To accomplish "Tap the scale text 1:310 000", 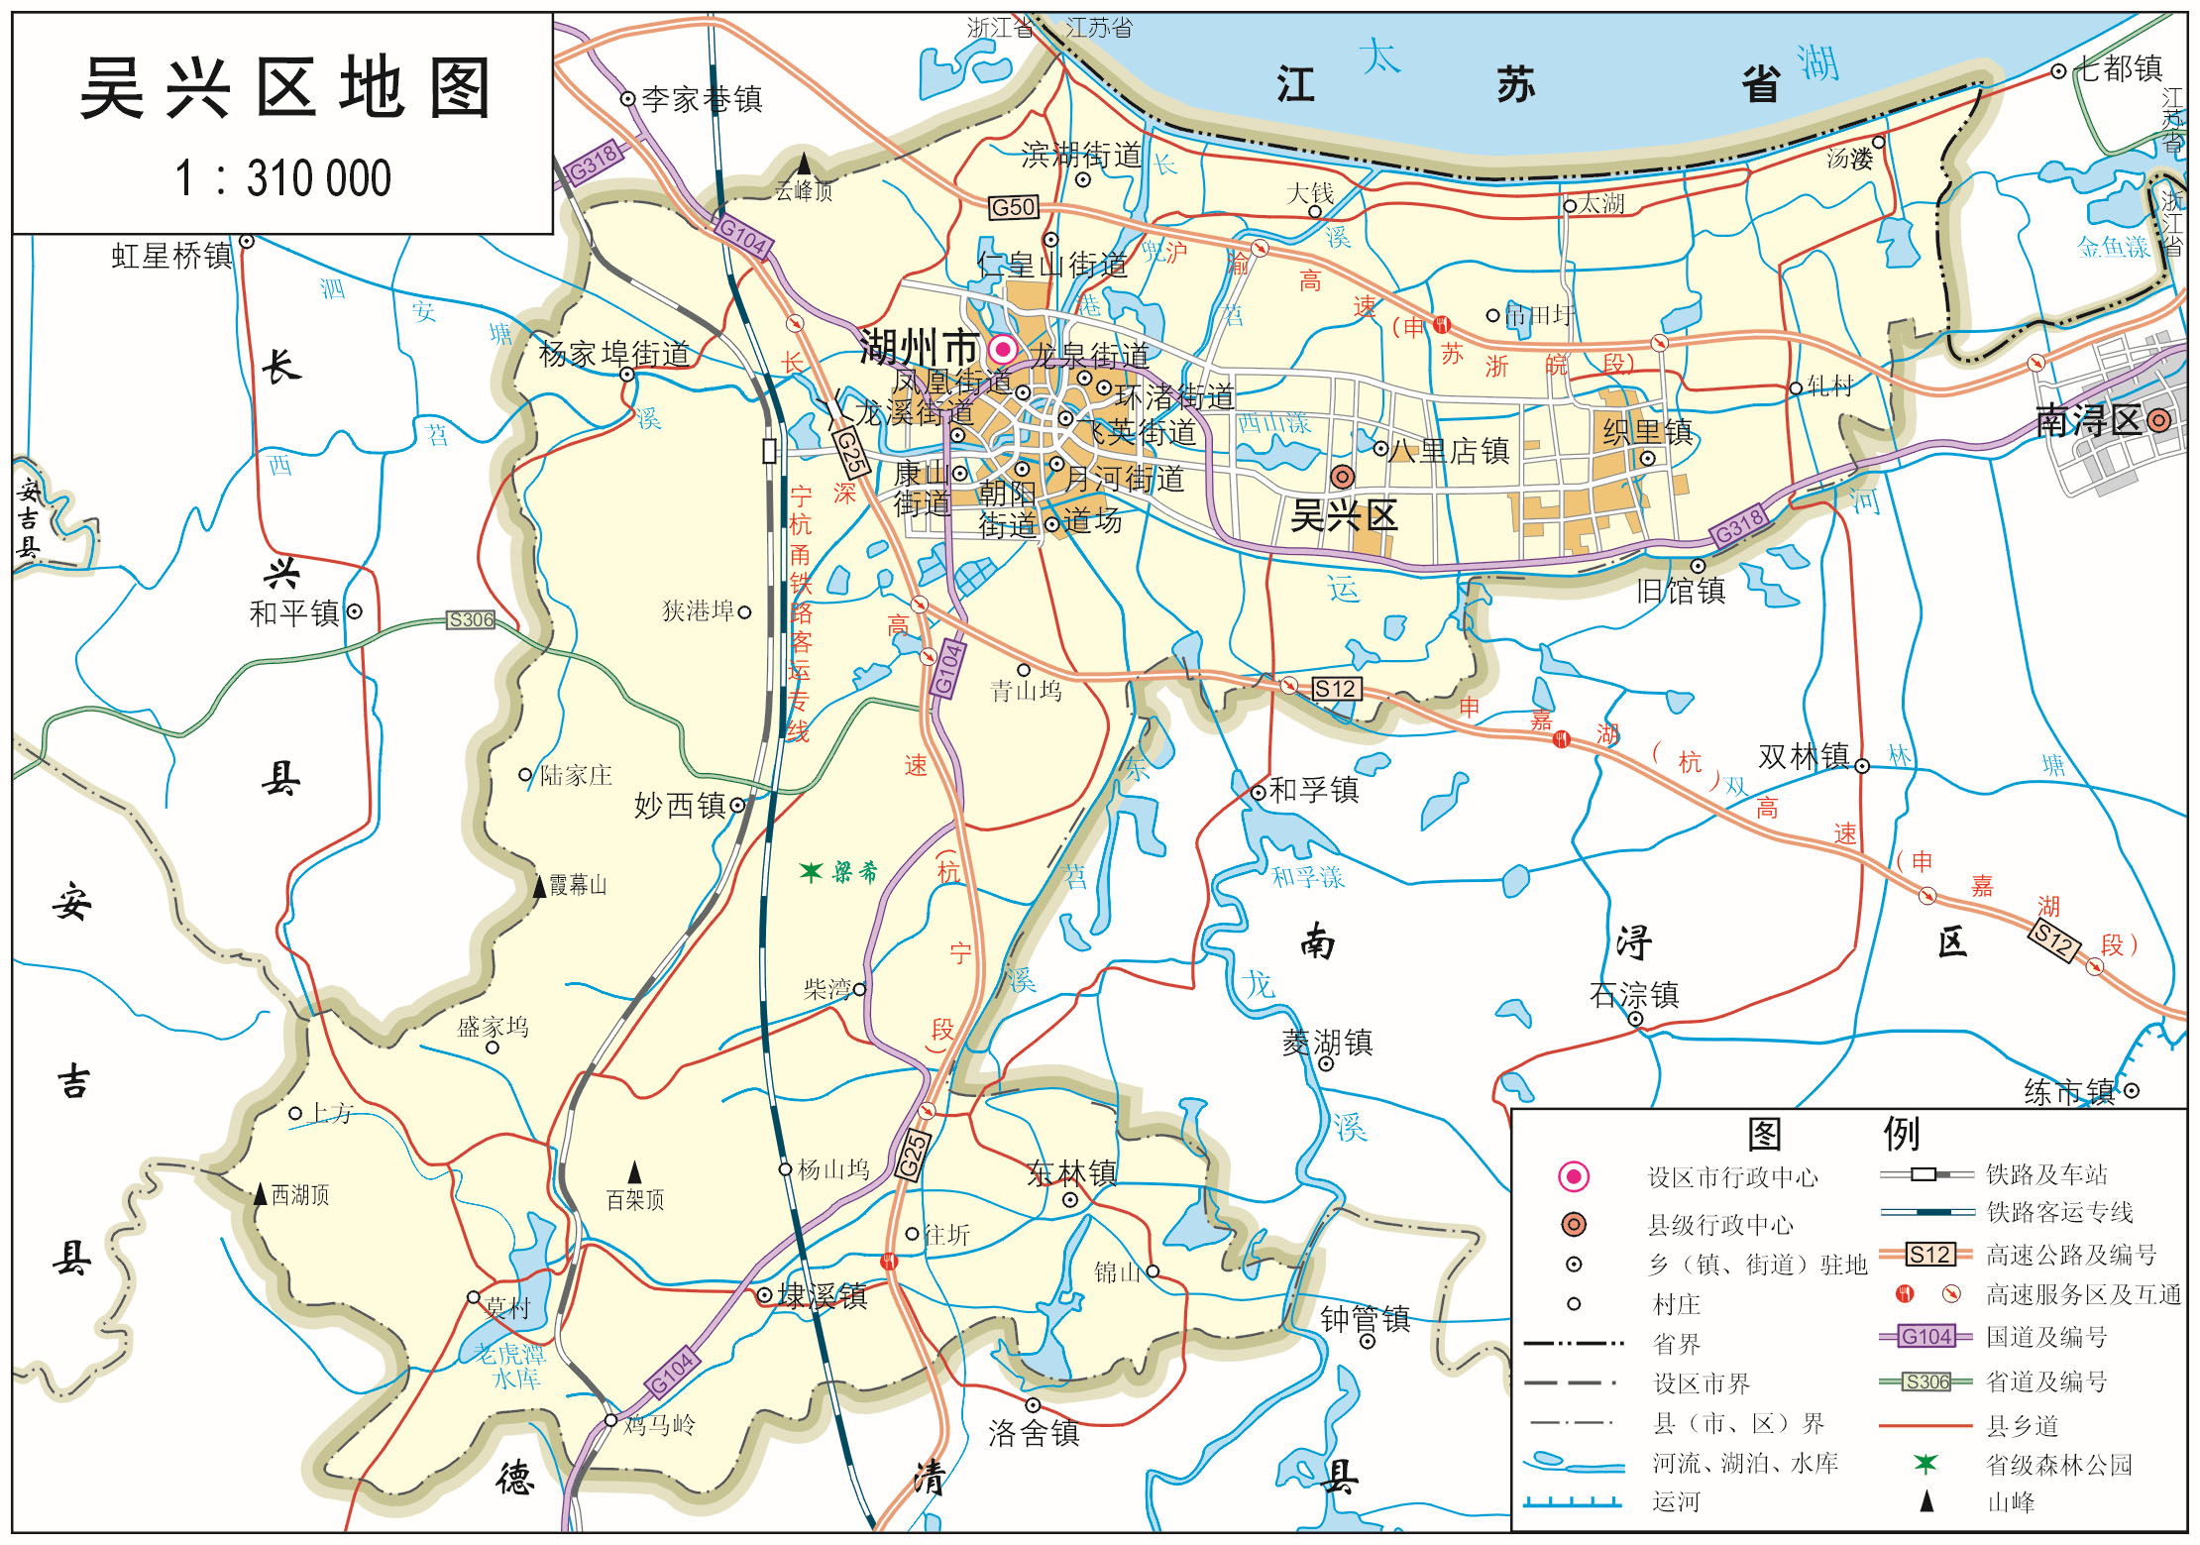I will point(283,179).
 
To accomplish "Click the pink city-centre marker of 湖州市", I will point(1003,349).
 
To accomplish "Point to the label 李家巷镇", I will point(702,99).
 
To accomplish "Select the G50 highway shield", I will point(1013,208).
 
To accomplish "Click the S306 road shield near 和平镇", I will point(470,620).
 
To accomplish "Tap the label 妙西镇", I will point(680,806).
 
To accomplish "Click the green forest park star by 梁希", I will point(811,872).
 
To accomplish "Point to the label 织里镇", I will point(1647,432).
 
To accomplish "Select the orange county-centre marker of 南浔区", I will point(2159,420).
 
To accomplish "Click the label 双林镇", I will point(1804,757).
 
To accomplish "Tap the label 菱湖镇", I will point(1327,1042).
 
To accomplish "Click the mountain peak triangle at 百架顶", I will point(635,1173).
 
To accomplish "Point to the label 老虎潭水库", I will point(509,1366).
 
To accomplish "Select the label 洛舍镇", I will point(1034,1433).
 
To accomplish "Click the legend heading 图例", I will point(1832,1134).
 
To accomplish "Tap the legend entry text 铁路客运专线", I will point(2059,1212).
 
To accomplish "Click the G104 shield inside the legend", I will point(1925,1337).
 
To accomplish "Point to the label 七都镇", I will point(2119,68).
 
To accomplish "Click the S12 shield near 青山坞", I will point(1334,689).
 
